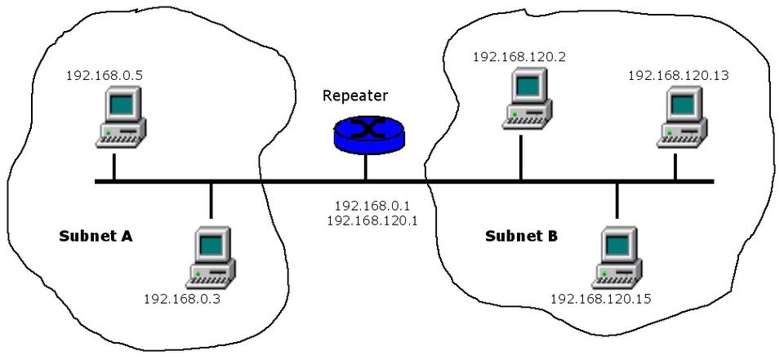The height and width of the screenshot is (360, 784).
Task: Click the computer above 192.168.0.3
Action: [211, 258]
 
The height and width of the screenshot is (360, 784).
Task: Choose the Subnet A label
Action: [96, 237]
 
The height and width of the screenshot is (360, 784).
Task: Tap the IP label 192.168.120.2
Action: [519, 57]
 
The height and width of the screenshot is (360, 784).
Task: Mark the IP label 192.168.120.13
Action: [678, 75]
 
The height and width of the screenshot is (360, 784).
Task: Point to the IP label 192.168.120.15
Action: [600, 299]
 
